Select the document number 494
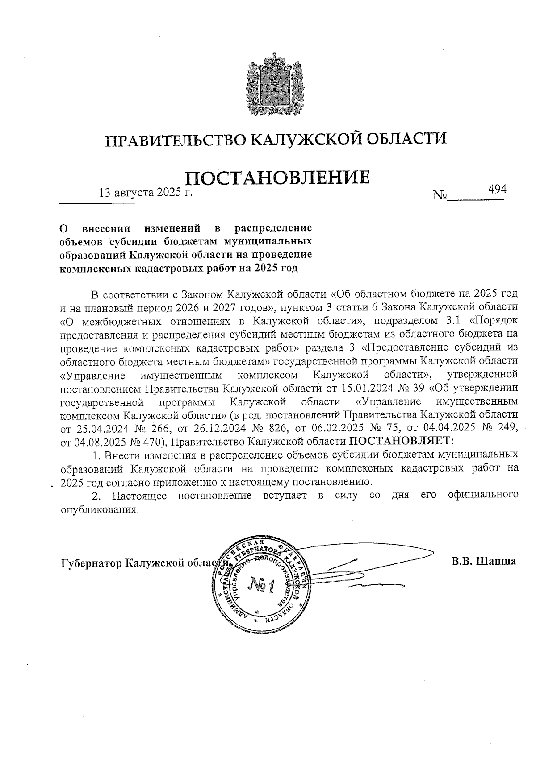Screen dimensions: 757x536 [x=497, y=189]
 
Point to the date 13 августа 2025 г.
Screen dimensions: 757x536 [x=145, y=193]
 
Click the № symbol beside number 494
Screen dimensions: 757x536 [x=440, y=196]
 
